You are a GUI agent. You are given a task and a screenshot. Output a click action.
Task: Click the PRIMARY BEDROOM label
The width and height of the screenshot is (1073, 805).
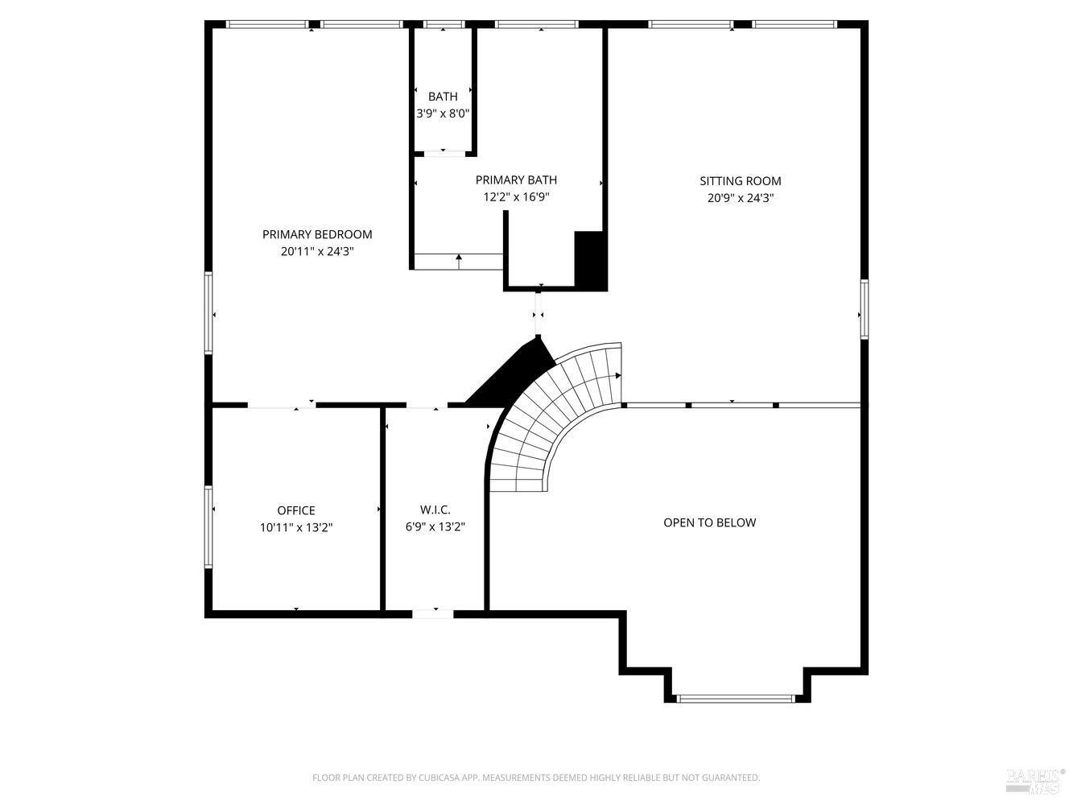pos(317,234)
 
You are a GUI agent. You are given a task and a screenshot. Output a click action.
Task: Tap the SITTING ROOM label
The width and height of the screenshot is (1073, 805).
pos(740,181)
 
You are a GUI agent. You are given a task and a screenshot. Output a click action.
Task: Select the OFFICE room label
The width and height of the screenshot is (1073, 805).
pos(295,510)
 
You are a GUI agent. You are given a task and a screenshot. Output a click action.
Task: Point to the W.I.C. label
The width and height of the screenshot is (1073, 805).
pos(435,510)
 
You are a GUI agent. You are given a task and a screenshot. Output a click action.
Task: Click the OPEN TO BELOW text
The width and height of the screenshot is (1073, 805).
pos(709,523)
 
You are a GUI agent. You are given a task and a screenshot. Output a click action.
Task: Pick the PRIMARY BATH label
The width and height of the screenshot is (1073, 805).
pos(516,180)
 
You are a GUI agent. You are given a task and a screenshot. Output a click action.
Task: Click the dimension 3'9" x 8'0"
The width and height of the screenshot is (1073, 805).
pos(443,114)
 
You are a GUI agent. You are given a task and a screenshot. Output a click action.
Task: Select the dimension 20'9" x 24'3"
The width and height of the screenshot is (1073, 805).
pos(740,199)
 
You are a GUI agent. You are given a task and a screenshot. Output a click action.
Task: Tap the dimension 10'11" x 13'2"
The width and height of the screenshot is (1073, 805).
pos(295,528)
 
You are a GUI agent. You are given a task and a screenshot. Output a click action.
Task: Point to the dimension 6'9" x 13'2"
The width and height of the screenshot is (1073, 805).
pos(435,527)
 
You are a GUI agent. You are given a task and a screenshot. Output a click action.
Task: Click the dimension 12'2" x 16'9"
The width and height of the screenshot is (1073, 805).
pos(516,197)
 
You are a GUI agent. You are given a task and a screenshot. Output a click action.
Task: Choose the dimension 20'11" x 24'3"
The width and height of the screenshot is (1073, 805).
pos(317,252)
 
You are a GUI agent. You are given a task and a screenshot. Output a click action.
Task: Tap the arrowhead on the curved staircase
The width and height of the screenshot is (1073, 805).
pos(618,376)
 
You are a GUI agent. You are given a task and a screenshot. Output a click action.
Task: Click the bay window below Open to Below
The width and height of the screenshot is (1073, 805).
pos(737,699)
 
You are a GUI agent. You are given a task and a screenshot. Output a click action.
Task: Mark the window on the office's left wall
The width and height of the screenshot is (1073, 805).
pos(208,526)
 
